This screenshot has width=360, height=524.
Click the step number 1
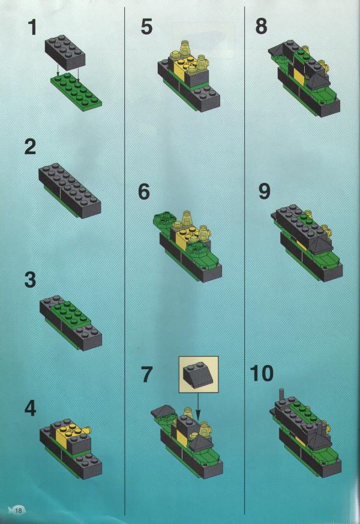click(x=32, y=27)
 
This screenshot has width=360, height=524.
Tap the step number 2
click(x=30, y=147)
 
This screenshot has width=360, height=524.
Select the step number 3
click(x=30, y=279)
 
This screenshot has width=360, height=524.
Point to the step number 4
click(x=31, y=408)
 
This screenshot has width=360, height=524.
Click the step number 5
click(x=146, y=26)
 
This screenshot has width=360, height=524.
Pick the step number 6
click(x=144, y=191)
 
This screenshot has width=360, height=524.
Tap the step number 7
click(x=146, y=374)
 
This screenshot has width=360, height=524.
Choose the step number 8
click(x=262, y=26)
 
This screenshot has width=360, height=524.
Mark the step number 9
click(x=265, y=191)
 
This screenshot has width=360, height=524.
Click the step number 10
click(x=262, y=374)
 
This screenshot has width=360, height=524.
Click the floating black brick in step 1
click(x=65, y=53)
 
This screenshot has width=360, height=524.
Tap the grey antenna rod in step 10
click(x=282, y=394)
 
